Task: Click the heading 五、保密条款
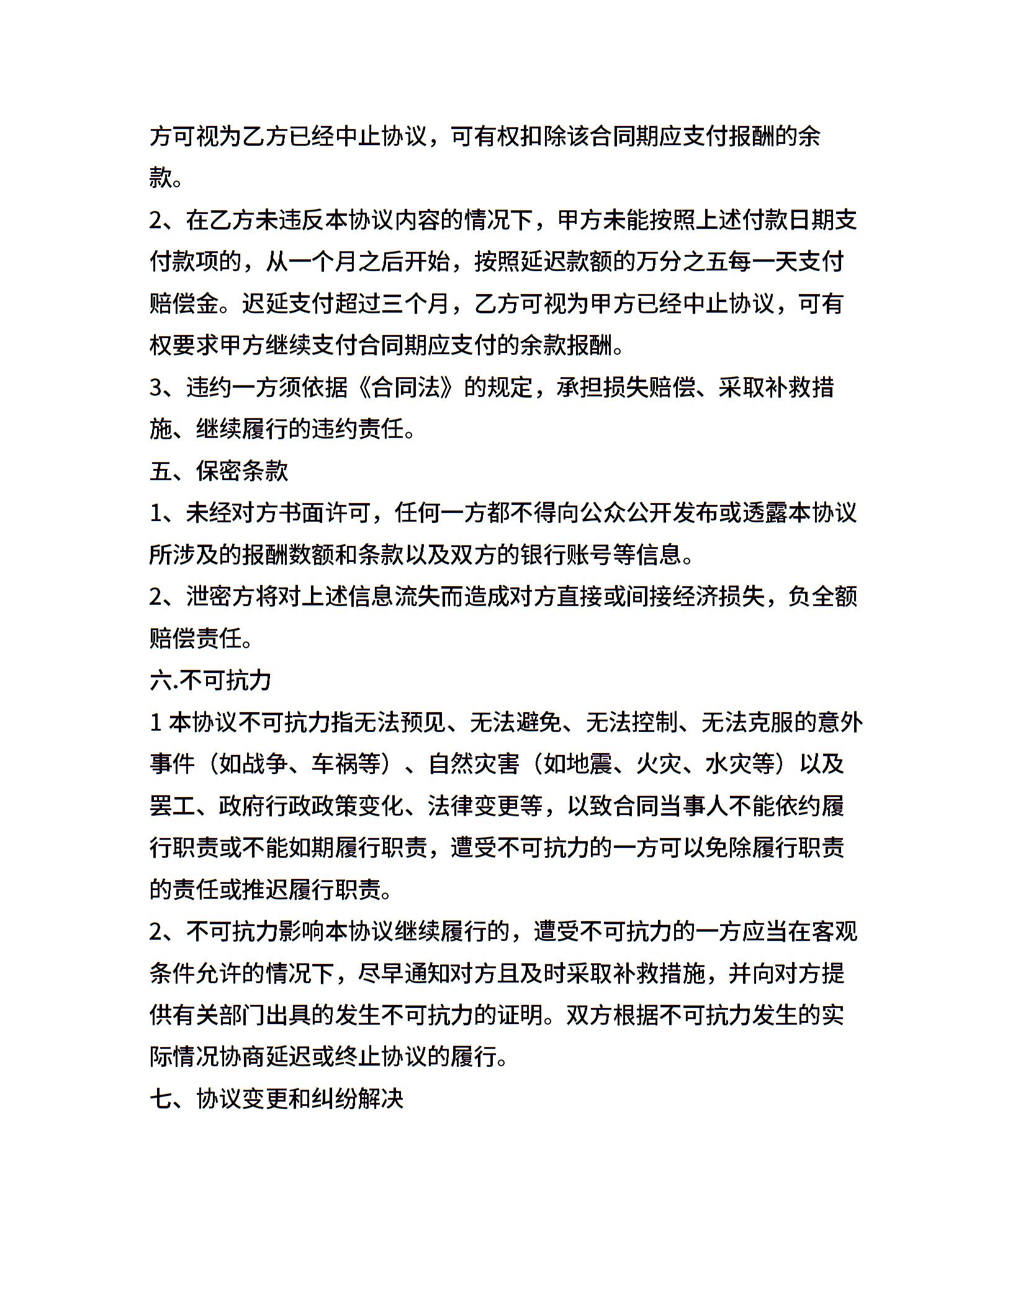[x=219, y=471]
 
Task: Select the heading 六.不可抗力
[x=210, y=680]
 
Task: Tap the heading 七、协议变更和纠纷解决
[x=277, y=1099]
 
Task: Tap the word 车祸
[x=335, y=764]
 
